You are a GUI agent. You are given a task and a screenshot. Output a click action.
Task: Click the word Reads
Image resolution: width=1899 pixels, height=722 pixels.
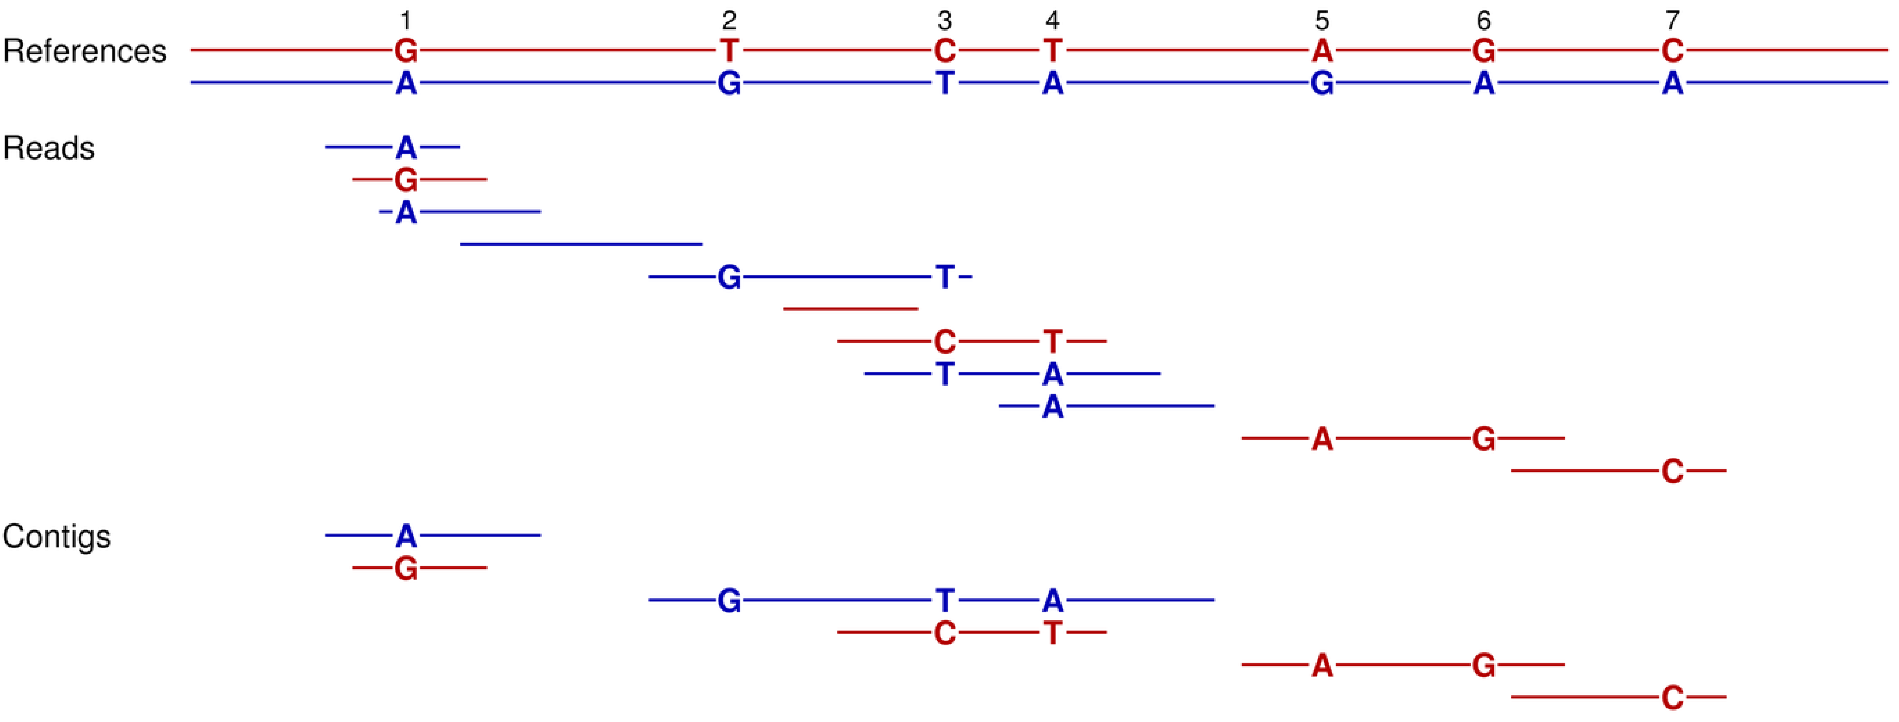[x=49, y=148]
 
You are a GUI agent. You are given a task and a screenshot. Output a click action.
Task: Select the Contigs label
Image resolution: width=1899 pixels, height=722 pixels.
[x=57, y=536]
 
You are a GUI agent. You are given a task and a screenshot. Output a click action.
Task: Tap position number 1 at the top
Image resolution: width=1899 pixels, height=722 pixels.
[x=406, y=20]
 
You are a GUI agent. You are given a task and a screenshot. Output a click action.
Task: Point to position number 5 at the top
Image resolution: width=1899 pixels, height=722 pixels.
[x=1322, y=20]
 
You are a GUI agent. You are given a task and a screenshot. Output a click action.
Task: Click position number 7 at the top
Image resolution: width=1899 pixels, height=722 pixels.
[x=1672, y=20]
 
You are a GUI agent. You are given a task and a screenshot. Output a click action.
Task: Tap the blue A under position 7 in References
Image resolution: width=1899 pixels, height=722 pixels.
[x=1672, y=83]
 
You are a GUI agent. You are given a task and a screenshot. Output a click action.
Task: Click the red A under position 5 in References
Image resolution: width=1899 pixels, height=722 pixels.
[x=1322, y=51]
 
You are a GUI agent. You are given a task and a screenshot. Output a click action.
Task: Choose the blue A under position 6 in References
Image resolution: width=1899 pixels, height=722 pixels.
[x=1483, y=83]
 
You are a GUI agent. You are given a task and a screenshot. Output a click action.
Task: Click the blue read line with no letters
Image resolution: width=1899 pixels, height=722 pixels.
[x=581, y=244]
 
